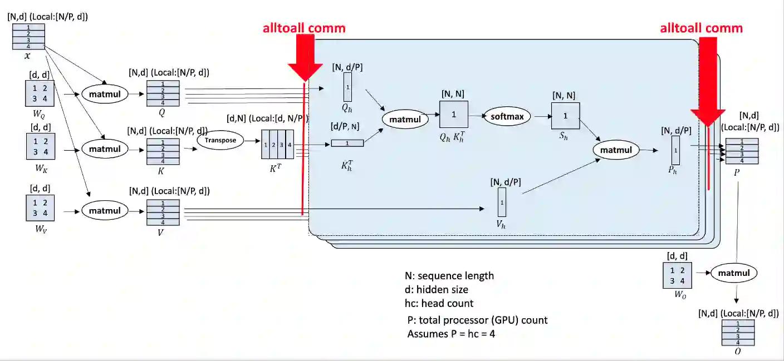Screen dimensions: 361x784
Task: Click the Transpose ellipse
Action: click(x=220, y=140)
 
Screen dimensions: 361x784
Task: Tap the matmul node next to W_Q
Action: click(x=105, y=93)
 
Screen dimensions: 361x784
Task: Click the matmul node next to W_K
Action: click(x=105, y=149)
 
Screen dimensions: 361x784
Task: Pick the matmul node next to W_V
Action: click(x=105, y=211)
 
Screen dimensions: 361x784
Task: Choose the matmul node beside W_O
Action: click(x=734, y=273)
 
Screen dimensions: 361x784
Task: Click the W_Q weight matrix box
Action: click(x=39, y=93)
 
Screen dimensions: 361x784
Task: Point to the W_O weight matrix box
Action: click(x=677, y=275)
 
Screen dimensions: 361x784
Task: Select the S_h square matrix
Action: click(x=566, y=116)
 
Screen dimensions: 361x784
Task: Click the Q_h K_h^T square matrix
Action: click(x=453, y=115)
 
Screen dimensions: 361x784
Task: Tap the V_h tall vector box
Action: click(x=502, y=202)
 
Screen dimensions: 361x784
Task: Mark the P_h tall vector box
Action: click(x=675, y=150)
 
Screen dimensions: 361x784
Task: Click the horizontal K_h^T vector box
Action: click(x=347, y=143)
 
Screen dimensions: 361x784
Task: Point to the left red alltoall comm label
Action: click(x=304, y=28)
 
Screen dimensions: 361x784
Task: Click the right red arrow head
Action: click(x=708, y=118)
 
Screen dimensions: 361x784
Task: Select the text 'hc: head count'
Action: click(x=439, y=303)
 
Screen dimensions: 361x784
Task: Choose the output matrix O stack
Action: click(x=738, y=333)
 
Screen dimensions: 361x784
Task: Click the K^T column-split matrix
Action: click(x=277, y=144)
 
